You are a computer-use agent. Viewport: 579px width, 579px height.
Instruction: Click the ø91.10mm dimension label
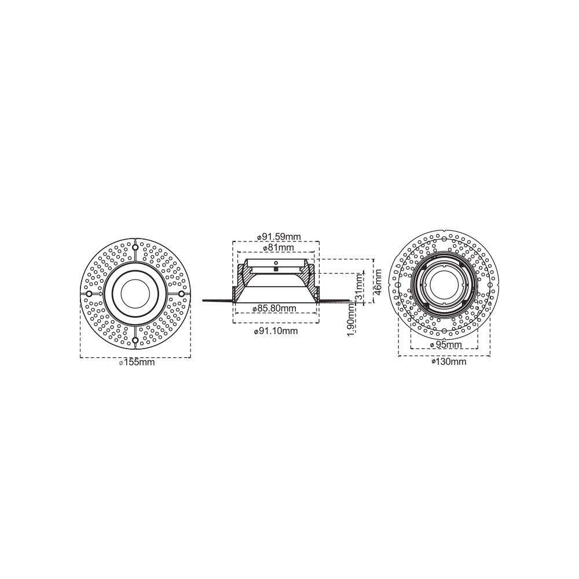(276, 331)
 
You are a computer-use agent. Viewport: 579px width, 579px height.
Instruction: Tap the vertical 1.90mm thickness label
(351, 319)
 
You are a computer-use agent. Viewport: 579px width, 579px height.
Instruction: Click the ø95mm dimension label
(446, 345)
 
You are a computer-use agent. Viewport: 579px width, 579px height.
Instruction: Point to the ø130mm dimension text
(449, 362)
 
